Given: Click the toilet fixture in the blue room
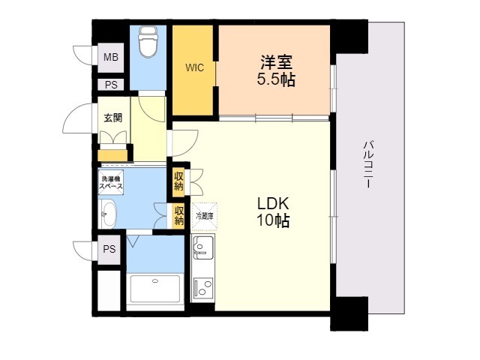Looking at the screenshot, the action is (148, 41).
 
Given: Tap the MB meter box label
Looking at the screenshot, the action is (111, 57).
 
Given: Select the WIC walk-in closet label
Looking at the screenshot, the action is (194, 67).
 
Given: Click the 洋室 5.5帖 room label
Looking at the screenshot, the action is (276, 70).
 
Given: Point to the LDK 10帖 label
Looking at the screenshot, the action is (273, 212).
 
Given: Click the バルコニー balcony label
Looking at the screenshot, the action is (367, 164).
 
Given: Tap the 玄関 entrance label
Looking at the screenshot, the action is (113, 118).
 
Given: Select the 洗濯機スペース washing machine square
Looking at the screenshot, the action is (111, 182).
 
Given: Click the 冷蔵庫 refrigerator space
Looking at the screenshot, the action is (204, 217).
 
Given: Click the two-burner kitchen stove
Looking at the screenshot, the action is (203, 286).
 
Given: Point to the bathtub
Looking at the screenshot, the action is (155, 289).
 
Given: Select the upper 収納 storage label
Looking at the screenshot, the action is (178, 181).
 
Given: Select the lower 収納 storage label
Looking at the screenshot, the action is (178, 215).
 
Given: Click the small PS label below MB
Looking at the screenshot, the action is (111, 85).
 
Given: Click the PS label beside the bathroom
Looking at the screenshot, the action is (109, 249).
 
